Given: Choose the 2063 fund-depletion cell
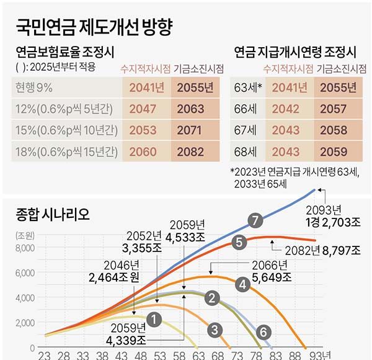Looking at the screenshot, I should (190, 109).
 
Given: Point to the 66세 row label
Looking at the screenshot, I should (244, 109).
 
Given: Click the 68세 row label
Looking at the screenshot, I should (244, 151).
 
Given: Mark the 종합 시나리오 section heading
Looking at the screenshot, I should (53, 215).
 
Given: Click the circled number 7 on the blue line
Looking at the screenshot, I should (252, 218).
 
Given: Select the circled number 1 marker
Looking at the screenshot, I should (155, 318).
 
